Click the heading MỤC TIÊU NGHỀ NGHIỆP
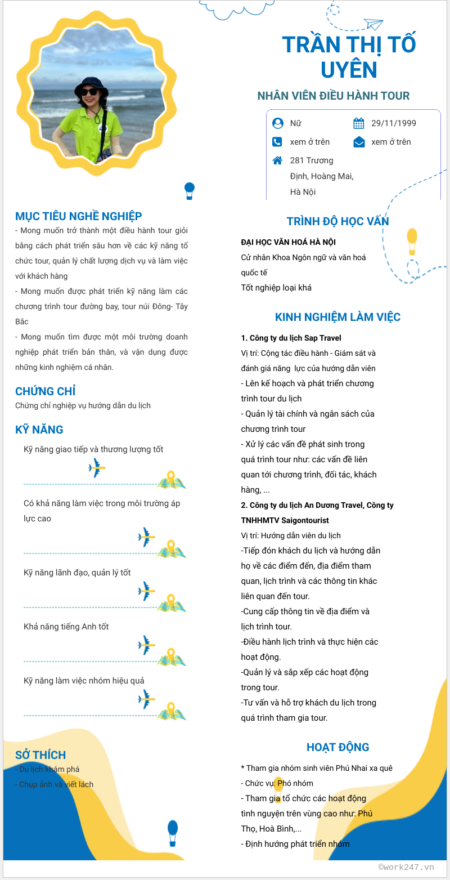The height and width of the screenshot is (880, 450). point(79,216)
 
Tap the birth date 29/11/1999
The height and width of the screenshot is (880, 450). point(394,123)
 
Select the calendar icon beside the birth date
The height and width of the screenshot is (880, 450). point(359,123)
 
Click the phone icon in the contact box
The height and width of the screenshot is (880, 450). point(277,142)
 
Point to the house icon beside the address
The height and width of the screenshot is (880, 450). point(277,160)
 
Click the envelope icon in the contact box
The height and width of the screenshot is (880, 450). point(359,142)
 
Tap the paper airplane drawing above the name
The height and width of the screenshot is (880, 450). point(373,24)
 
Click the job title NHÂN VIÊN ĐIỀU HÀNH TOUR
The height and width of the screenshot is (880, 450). point(334,96)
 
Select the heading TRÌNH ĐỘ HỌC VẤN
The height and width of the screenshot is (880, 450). point(337,221)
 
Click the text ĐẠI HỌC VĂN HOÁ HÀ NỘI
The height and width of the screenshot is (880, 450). point(288,242)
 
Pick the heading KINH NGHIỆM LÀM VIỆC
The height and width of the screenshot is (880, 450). point(337,317)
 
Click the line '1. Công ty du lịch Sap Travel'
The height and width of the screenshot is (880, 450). point(291,338)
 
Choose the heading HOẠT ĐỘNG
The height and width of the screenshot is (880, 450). point(337,747)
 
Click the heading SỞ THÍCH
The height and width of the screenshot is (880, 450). point(40,755)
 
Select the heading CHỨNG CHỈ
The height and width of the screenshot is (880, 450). point(46,391)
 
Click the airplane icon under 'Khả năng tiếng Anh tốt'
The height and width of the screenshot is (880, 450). point(146,645)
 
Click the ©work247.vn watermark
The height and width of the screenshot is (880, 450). point(406,867)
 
